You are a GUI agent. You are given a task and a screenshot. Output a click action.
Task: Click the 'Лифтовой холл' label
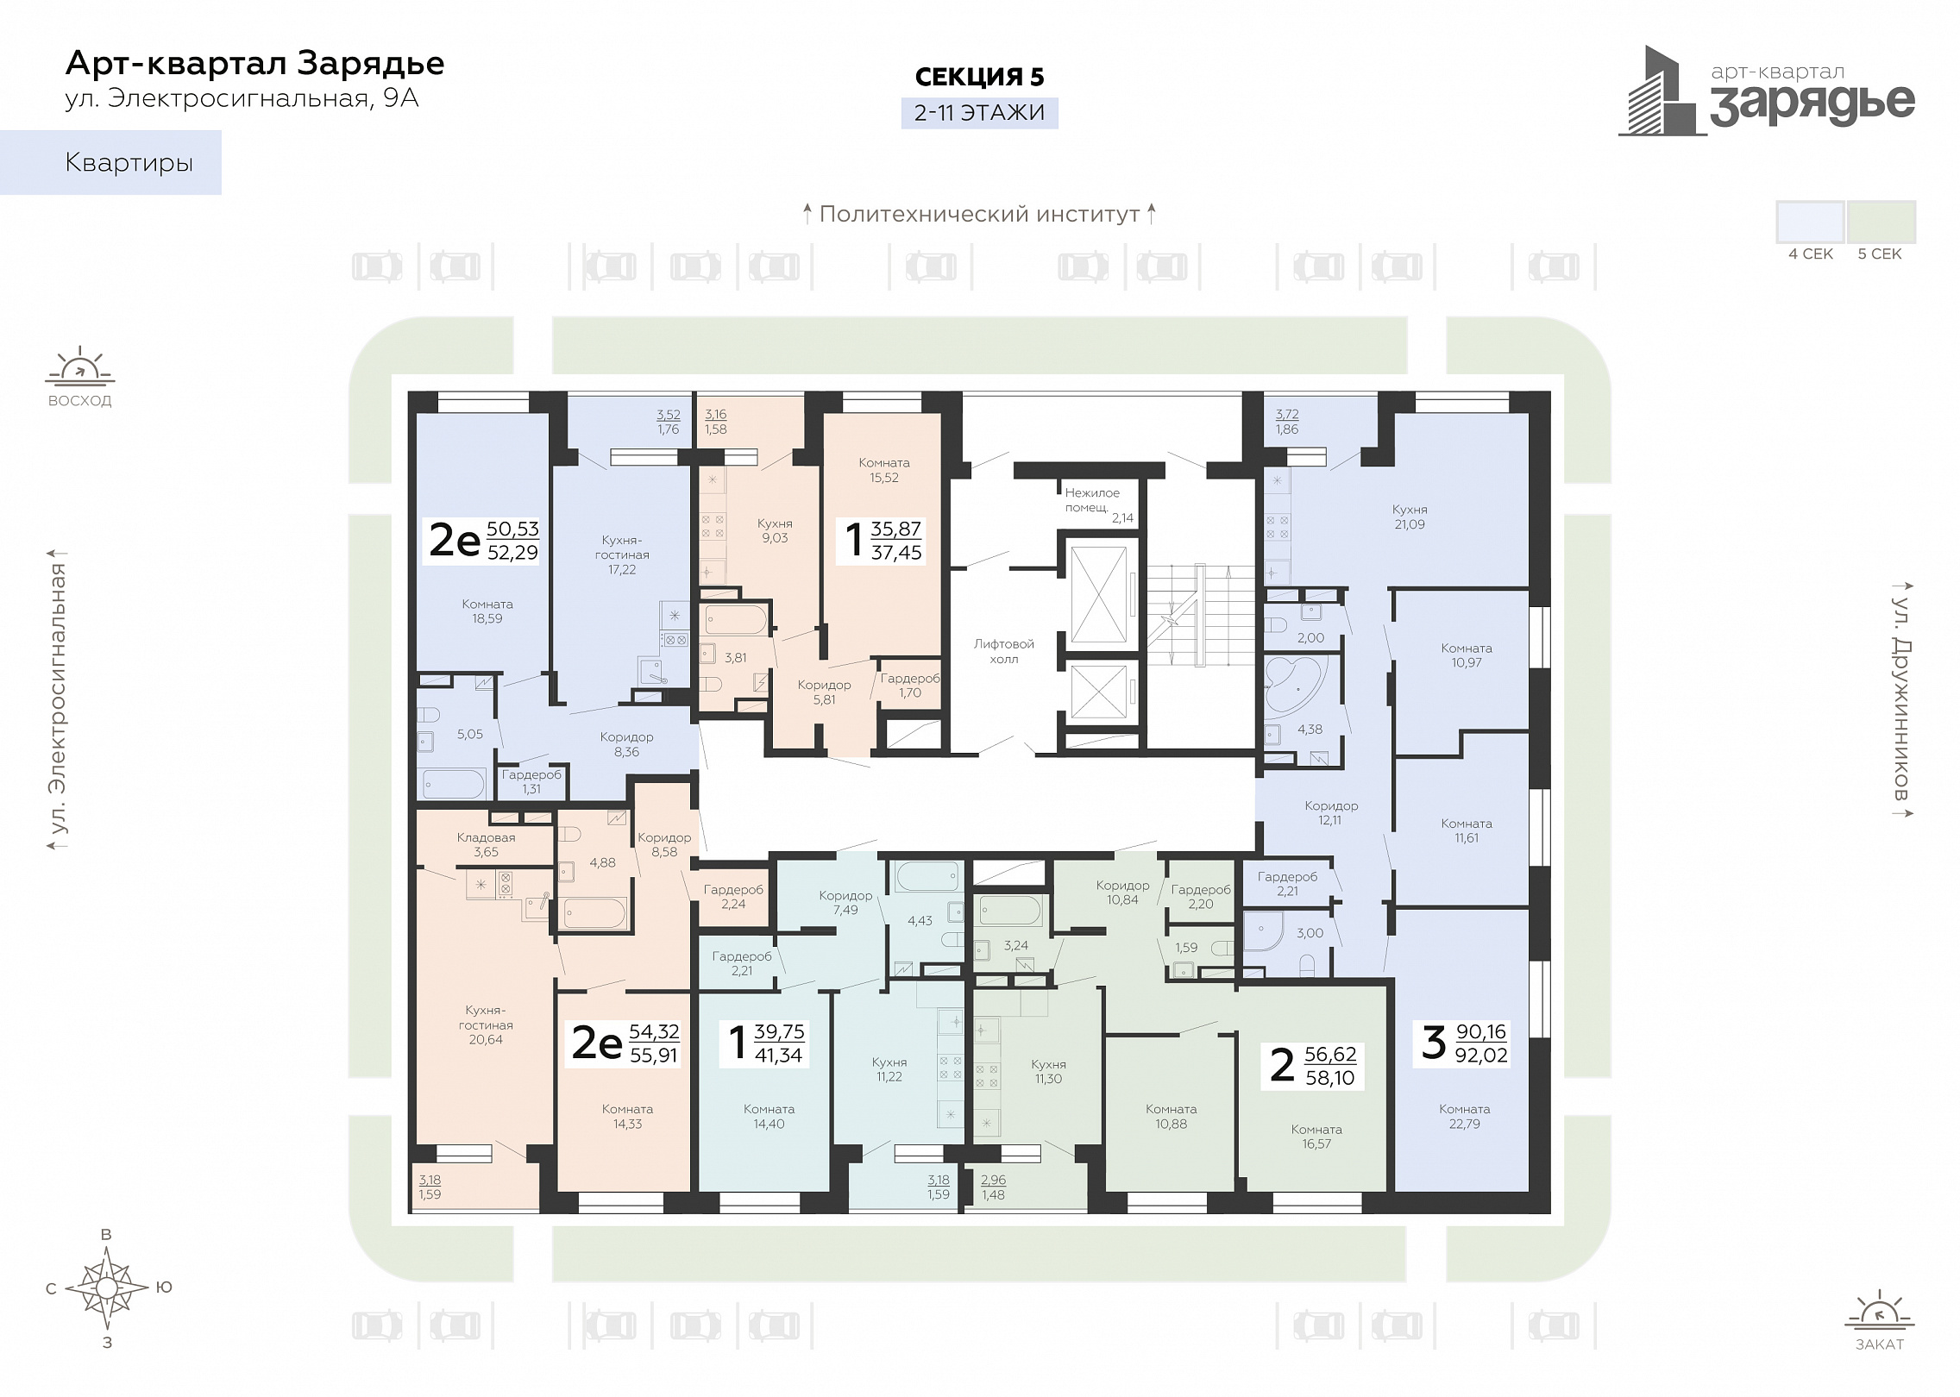(1003, 651)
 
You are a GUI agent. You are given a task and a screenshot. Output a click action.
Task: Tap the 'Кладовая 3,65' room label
(486, 844)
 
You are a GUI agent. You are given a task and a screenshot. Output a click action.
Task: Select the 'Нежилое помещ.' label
(1091, 500)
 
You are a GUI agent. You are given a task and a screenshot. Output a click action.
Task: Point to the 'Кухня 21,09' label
(1409, 517)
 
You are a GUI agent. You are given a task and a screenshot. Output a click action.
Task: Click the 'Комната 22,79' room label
(1464, 1116)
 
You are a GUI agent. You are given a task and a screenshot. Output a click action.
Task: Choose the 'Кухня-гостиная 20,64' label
(486, 1024)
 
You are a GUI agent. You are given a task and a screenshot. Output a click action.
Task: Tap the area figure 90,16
(1481, 1031)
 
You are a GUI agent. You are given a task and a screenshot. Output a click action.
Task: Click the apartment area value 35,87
(895, 529)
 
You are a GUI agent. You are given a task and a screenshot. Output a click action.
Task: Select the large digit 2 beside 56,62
(1282, 1065)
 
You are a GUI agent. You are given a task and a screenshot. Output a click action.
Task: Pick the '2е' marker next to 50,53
(454, 540)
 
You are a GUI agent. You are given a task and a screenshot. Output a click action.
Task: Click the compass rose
(106, 1288)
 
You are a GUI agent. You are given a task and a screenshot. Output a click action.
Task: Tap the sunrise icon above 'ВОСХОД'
(80, 366)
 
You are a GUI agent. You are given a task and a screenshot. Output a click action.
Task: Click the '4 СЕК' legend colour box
(1810, 222)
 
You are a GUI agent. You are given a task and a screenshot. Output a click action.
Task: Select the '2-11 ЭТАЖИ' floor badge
(979, 113)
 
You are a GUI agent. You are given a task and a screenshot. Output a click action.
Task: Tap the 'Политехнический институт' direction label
(979, 214)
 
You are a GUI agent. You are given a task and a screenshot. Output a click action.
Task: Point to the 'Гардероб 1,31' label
(531, 781)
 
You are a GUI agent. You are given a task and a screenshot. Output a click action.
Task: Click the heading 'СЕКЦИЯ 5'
(979, 77)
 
